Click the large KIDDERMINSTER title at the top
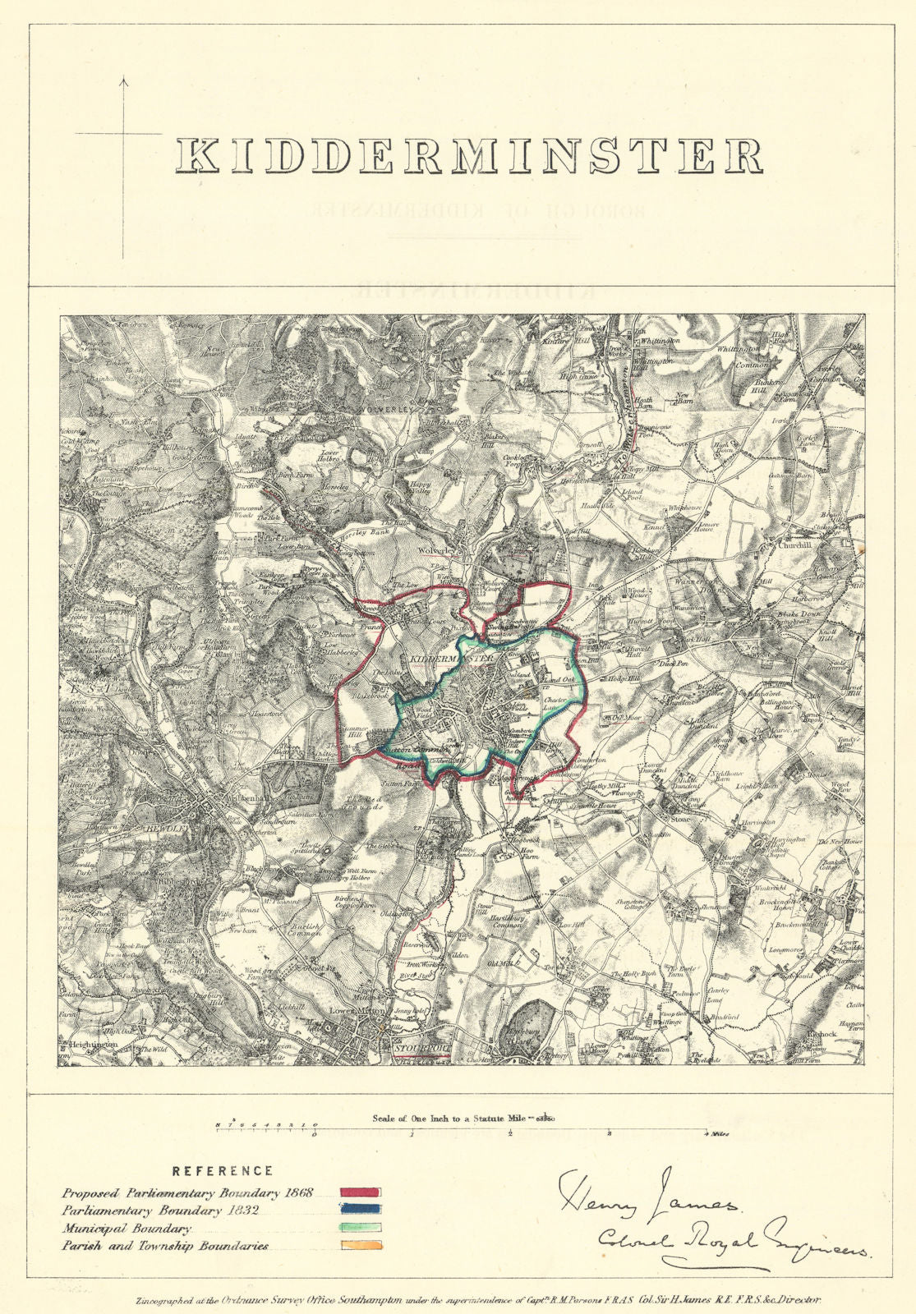pyautogui.click(x=469, y=155)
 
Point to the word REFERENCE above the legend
pyautogui.click(x=223, y=1171)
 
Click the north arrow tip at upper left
pyautogui.click(x=124, y=79)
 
